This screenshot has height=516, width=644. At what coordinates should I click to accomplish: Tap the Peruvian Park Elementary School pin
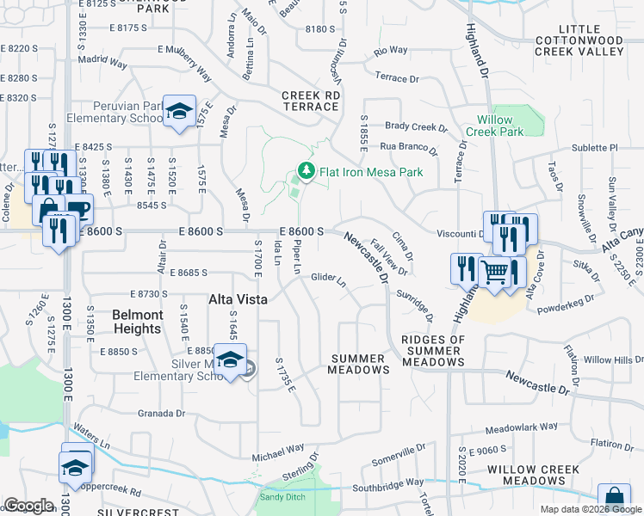[x=179, y=111]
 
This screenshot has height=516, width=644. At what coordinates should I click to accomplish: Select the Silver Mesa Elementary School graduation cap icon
[x=230, y=360]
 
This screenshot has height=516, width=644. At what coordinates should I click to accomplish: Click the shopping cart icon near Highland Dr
[x=495, y=272]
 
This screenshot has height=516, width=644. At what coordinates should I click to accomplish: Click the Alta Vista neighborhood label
[x=238, y=299]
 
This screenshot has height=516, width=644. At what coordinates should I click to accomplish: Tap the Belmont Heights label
[x=137, y=322]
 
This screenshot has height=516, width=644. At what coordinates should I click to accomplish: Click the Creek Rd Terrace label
[x=309, y=101]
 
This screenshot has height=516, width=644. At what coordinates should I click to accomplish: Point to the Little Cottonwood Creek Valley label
[x=579, y=46]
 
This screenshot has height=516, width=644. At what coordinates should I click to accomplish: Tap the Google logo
[x=28, y=506]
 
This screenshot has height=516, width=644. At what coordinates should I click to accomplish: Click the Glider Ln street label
[x=328, y=279]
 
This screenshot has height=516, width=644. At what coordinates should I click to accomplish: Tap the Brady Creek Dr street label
[x=417, y=126]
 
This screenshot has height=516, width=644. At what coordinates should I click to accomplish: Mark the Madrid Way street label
[x=102, y=62]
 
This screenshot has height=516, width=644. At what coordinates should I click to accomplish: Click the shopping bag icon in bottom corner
[x=614, y=498]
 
